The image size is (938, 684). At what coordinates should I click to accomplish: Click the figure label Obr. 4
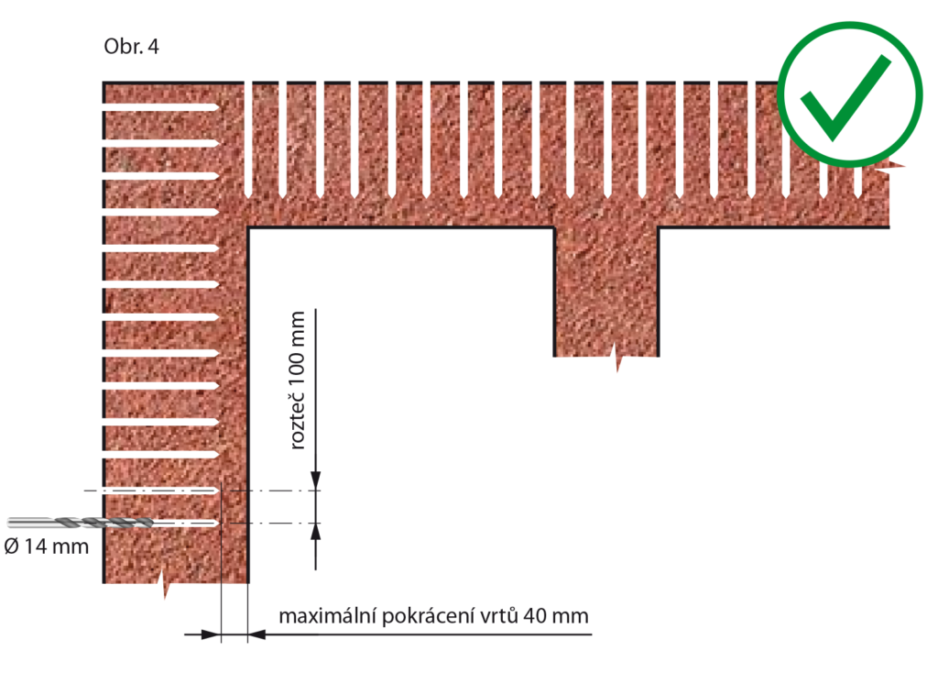pyautogui.click(x=132, y=47)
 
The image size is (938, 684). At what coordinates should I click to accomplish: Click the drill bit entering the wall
pyautogui.click(x=81, y=523)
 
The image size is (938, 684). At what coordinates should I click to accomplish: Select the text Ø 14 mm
pyautogui.click(x=47, y=546)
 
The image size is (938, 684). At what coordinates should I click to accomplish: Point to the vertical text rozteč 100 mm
pyautogui.click(x=298, y=381)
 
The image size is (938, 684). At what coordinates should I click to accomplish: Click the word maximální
pyautogui.click(x=327, y=616)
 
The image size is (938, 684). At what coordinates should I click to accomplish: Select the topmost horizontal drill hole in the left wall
pyautogui.click(x=161, y=107)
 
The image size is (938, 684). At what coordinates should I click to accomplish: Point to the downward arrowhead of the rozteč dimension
pyautogui.click(x=316, y=480)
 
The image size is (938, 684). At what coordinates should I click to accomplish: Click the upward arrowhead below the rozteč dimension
pyautogui.click(x=316, y=533)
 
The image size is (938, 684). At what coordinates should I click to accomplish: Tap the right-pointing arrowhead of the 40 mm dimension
pyautogui.click(x=212, y=634)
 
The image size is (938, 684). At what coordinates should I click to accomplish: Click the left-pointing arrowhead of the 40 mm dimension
pyautogui.click(x=257, y=634)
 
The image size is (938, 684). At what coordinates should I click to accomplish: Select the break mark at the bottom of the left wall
pyautogui.click(x=165, y=583)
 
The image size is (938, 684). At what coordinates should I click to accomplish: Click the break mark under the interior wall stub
pyautogui.click(x=617, y=358)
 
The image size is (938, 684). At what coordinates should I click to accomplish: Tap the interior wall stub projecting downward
pyautogui.click(x=606, y=292)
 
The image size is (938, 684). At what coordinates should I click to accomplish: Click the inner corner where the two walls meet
pyautogui.click(x=248, y=228)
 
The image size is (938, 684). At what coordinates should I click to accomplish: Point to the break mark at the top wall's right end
pyautogui.click(x=889, y=167)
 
